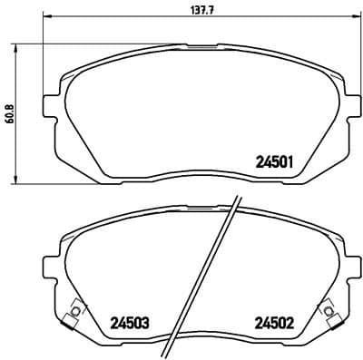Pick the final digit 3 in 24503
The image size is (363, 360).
[x=146, y=322]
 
